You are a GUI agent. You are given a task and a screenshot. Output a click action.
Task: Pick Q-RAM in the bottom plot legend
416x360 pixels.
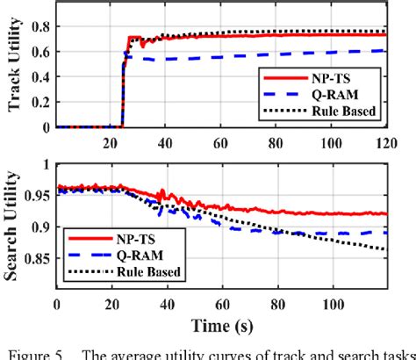pos(136,255)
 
